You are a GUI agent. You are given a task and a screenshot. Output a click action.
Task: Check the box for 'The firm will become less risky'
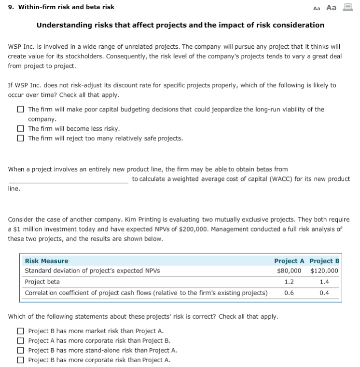pyautogui.click(x=21, y=129)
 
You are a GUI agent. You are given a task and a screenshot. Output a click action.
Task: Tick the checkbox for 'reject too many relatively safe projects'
pyautogui.click(x=21, y=138)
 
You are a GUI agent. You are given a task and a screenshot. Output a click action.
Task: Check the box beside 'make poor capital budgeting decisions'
pyautogui.click(x=21, y=109)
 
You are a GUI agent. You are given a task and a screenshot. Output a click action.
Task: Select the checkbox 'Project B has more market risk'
pyautogui.click(x=21, y=331)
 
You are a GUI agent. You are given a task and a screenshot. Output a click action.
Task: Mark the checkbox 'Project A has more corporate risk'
pyautogui.click(x=21, y=340)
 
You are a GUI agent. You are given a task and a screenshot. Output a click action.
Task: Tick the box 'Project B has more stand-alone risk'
pyautogui.click(x=21, y=350)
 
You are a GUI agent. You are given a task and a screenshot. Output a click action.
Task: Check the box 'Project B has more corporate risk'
pyautogui.click(x=21, y=360)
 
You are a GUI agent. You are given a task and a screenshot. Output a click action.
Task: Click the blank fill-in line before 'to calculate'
pyautogui.click(x=69, y=179)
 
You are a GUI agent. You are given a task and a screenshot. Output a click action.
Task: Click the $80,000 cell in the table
pyautogui.click(x=289, y=271)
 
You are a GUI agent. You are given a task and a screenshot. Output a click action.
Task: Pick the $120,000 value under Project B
pyautogui.click(x=324, y=271)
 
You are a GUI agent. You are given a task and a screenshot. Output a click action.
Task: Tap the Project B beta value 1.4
pyautogui.click(x=324, y=282)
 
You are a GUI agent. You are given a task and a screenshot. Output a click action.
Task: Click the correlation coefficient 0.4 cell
pyautogui.click(x=324, y=293)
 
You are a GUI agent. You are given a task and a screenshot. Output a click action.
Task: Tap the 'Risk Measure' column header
pyautogui.click(x=46, y=261)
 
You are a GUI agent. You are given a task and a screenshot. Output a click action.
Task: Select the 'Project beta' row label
pyautogui.click(x=42, y=282)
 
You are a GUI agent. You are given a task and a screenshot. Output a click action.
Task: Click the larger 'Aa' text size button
pyautogui.click(x=332, y=7)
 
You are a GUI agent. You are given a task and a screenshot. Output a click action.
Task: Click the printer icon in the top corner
pyautogui.click(x=346, y=7)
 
